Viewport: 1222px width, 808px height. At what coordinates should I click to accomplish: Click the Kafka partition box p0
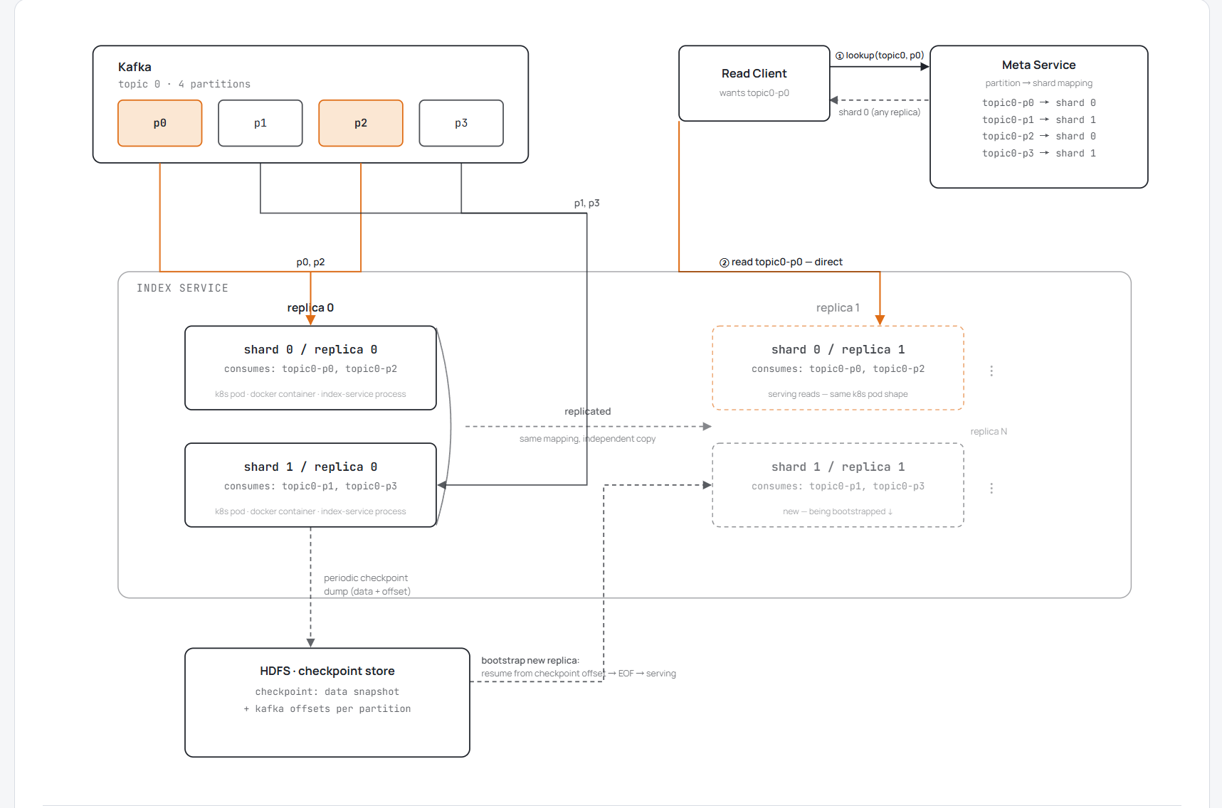click(x=160, y=123)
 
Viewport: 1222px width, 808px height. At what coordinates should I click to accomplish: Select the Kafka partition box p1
click(x=260, y=123)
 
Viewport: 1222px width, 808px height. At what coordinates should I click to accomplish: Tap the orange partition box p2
click(x=361, y=123)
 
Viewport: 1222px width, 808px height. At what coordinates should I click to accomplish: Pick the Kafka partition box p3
click(x=461, y=123)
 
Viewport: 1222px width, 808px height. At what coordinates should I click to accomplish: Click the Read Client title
click(x=754, y=73)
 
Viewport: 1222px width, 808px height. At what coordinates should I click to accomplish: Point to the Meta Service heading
click(x=1039, y=65)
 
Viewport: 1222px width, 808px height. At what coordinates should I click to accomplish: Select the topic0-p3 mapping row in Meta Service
click(x=1039, y=153)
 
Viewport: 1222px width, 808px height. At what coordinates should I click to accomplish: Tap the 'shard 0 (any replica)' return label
click(x=880, y=112)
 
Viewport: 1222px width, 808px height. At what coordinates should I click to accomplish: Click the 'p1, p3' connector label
click(x=587, y=203)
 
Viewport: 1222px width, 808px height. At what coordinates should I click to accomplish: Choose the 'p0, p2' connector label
click(x=310, y=262)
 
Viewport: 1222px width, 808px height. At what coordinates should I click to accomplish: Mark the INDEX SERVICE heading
click(x=183, y=288)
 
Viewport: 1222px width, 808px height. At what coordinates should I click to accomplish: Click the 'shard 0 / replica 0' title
click(x=310, y=349)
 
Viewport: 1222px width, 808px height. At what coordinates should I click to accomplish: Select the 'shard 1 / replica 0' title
click(x=310, y=467)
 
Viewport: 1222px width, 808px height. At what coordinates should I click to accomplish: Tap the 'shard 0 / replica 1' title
click(x=838, y=349)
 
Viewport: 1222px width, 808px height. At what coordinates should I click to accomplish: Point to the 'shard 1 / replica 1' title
click(x=838, y=467)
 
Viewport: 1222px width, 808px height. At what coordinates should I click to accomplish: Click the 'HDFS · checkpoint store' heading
click(x=327, y=671)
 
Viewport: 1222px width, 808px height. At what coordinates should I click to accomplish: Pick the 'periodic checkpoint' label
click(x=366, y=578)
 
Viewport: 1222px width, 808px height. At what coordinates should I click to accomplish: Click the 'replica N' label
click(x=989, y=432)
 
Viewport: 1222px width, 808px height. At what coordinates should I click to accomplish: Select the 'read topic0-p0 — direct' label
click(x=781, y=262)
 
